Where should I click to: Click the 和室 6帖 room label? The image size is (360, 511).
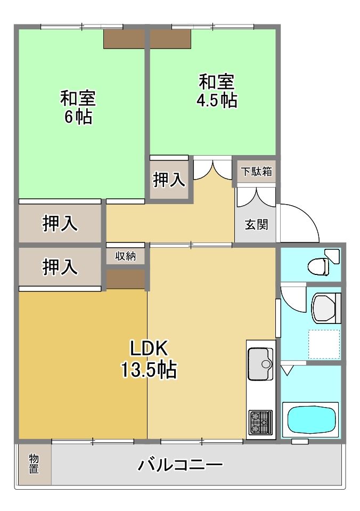pyautogui.click(x=78, y=107)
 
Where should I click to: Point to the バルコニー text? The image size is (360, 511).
pyautogui.click(x=180, y=465)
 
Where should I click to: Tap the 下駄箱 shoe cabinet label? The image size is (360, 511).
pyautogui.click(x=256, y=172)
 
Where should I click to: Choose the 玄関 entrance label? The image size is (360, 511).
pyautogui.click(x=256, y=224)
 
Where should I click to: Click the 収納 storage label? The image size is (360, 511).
pyautogui.click(x=126, y=256)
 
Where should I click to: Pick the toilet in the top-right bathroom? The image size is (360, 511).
pyautogui.click(x=322, y=262)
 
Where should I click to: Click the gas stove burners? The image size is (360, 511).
pyautogui.click(x=260, y=423)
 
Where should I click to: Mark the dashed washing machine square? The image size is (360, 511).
pyautogui.click(x=324, y=344)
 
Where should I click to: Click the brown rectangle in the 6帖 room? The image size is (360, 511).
pyautogui.click(x=124, y=39)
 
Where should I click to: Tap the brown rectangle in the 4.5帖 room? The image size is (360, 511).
pyautogui.click(x=170, y=39)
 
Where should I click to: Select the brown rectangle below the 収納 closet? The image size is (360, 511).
pyautogui.click(x=126, y=279)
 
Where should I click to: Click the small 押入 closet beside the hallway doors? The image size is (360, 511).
pyautogui.click(x=169, y=180)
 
